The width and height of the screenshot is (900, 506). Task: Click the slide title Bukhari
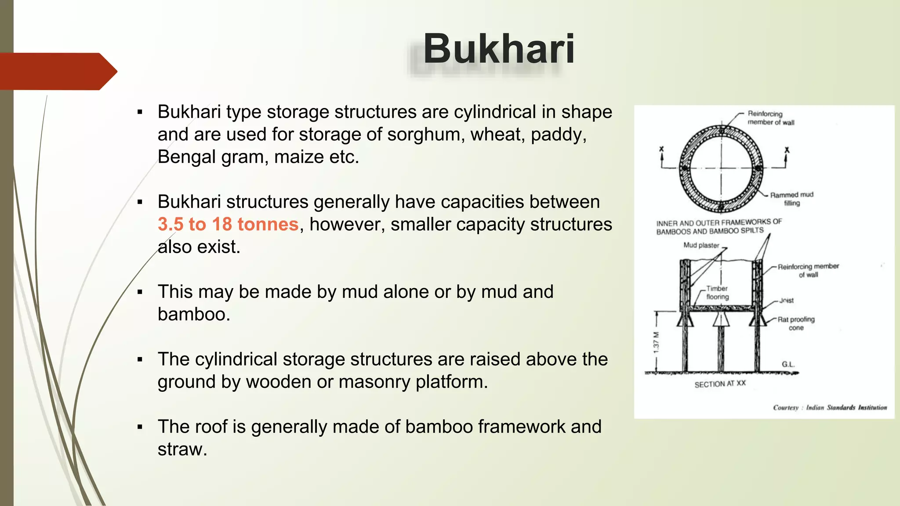(498, 49)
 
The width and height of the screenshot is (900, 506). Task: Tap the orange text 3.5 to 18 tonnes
(228, 224)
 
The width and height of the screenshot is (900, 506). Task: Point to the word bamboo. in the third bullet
(194, 314)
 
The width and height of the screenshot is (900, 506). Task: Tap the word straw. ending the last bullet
(182, 449)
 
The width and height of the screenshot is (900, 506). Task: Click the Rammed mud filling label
(791, 199)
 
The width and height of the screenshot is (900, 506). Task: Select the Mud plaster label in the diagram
(701, 245)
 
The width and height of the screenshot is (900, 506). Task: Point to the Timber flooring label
(717, 293)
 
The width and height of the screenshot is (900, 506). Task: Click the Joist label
(786, 300)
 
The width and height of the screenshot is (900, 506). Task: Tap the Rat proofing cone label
(796, 323)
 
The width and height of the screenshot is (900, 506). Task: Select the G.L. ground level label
(787, 364)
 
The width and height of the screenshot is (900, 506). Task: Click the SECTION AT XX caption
(720, 384)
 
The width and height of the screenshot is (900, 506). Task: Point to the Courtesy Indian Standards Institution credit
(830, 408)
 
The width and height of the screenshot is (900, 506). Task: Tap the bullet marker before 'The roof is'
(140, 427)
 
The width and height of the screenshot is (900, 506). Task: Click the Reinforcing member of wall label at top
(770, 118)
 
